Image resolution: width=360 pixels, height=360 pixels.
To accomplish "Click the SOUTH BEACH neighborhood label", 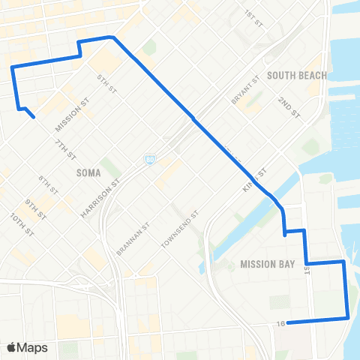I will (297, 75).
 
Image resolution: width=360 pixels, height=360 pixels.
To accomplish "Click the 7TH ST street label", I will (65, 150).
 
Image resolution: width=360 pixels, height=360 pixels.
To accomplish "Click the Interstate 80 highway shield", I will (150, 160).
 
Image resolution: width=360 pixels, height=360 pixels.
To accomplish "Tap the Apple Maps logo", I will (27, 347).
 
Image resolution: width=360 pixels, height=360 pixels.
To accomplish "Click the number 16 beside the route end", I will (280, 323).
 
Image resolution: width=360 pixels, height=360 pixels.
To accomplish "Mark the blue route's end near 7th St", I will (34, 117).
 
